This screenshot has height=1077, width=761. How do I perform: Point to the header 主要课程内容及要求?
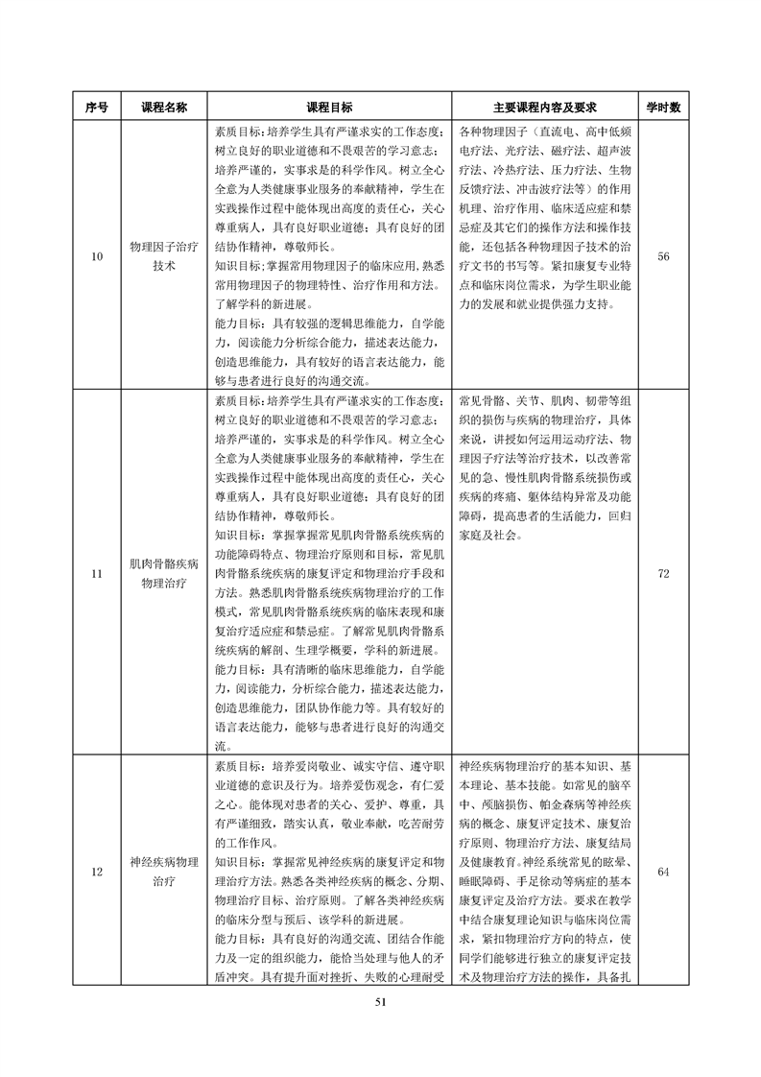[545, 108]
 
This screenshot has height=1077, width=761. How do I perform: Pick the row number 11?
[96, 573]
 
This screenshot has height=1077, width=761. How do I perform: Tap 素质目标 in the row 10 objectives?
[237, 132]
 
